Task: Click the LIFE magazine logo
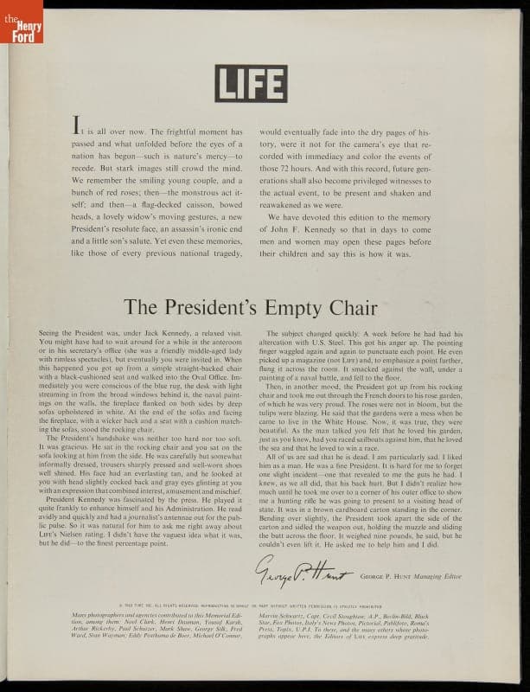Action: coord(251,83)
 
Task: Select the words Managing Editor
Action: coord(433,574)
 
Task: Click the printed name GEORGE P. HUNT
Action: coord(374,574)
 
